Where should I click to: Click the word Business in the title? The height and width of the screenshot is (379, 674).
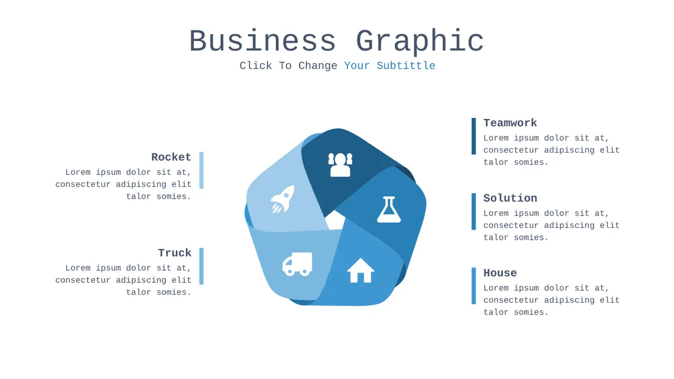pos(262,41)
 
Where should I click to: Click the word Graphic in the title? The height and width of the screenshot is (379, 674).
pos(420,42)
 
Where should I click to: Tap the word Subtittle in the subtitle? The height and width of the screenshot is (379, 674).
pos(406,66)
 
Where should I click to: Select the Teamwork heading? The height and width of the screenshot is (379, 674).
pos(510,123)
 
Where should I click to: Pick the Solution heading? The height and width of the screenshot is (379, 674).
pos(510,198)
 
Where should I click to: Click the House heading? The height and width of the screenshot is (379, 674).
pos(500,273)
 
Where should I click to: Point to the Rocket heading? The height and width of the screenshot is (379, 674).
pos(171,157)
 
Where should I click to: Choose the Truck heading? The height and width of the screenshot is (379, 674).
pos(175,253)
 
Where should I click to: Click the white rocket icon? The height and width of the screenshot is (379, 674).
pos(282,199)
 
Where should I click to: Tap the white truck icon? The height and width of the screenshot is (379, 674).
pos(297,264)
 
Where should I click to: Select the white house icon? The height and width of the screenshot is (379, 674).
pos(361,270)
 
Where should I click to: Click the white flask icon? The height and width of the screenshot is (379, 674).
pos(389,209)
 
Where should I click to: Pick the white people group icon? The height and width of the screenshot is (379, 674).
pos(340,165)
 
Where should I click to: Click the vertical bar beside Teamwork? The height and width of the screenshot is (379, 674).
pos(473,136)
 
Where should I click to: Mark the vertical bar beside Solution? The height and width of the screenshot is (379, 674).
pos(473,212)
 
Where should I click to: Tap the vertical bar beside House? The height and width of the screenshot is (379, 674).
pos(473,286)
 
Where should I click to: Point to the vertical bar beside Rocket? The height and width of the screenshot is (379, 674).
pos(202,170)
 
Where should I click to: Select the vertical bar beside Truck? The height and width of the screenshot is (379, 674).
pos(202,266)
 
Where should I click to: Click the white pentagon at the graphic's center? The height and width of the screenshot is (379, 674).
pos(335,221)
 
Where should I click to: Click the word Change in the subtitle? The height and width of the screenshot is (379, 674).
pos(318,66)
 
